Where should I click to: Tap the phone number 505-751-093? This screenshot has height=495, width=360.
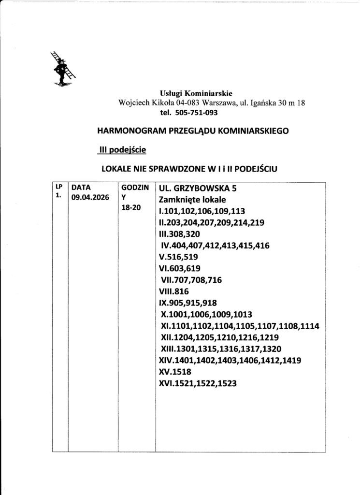[x=196, y=113]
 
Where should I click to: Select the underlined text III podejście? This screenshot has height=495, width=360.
[x=120, y=150]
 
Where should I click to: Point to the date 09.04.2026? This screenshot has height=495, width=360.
[x=90, y=197]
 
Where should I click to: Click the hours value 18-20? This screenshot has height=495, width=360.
[x=130, y=208]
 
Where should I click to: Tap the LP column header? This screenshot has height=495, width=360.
[x=59, y=186]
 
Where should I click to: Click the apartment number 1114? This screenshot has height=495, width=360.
[x=309, y=326]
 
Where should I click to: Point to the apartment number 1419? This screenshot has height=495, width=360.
[x=288, y=361]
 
